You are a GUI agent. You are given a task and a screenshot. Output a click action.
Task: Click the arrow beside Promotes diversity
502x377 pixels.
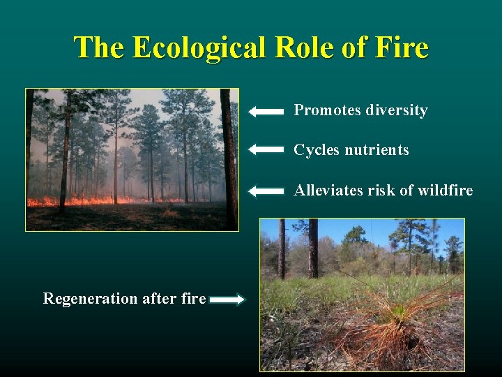click(x=266, y=111)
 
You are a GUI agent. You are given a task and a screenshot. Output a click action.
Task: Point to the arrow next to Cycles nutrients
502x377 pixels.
click(x=266, y=149)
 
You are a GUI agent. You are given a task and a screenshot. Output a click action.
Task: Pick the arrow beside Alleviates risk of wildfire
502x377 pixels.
click(x=266, y=191)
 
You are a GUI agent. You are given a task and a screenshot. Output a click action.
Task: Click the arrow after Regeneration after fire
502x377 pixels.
click(x=227, y=300)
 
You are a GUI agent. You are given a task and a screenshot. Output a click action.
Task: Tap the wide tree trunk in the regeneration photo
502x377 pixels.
click(x=312, y=249)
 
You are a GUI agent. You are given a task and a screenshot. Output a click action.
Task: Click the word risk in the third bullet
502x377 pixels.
click(x=380, y=191)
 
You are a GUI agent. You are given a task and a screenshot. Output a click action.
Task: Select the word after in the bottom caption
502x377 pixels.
click(x=158, y=299)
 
